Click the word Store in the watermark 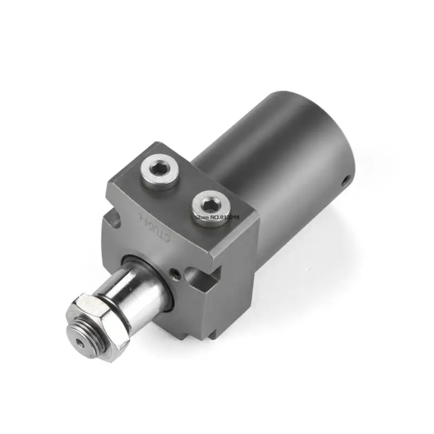tap(201, 216)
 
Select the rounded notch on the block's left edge tap(112, 220)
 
